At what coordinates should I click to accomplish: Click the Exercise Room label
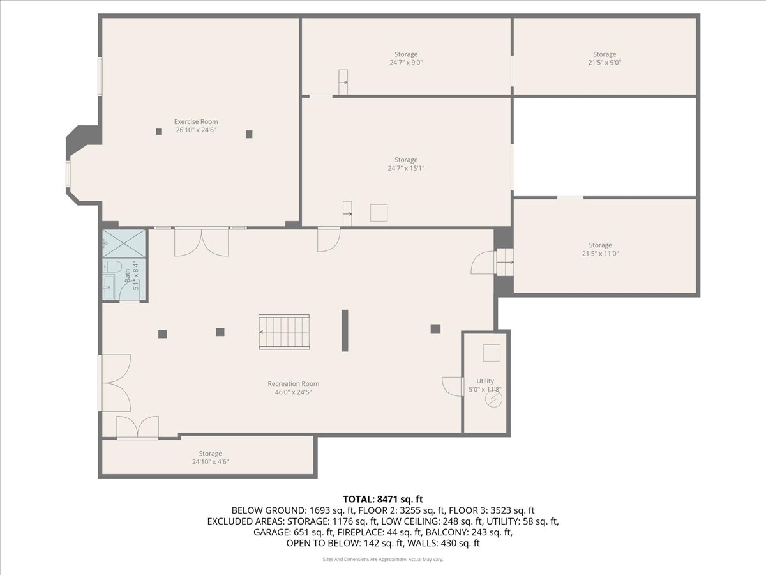pyautogui.click(x=196, y=126)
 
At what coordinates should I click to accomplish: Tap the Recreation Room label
pyautogui.click(x=293, y=388)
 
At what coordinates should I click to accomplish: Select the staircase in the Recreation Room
pyautogui.click(x=284, y=332)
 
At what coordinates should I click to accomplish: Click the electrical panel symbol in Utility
pyautogui.click(x=494, y=399)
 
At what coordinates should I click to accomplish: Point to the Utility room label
pyautogui.click(x=485, y=385)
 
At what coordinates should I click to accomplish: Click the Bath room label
pyautogui.click(x=131, y=275)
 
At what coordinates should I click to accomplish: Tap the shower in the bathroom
pyautogui.click(x=124, y=243)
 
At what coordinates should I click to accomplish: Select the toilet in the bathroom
pyautogui.click(x=112, y=267)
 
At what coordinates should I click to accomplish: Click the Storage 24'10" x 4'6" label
pyautogui.click(x=211, y=457)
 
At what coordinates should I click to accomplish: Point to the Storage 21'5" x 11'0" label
pyautogui.click(x=600, y=249)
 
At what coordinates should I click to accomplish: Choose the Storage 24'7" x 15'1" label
pyautogui.click(x=406, y=164)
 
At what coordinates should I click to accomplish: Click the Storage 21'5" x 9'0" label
pyautogui.click(x=605, y=58)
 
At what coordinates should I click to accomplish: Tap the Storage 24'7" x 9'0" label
pyautogui.click(x=406, y=58)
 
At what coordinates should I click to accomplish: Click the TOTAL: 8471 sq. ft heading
pyautogui.click(x=383, y=499)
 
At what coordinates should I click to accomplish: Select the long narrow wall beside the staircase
pyautogui.click(x=345, y=330)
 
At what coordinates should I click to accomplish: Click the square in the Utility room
pyautogui.click(x=492, y=353)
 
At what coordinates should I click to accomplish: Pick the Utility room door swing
pyautogui.click(x=453, y=387)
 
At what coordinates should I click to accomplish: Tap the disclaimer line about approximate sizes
pyautogui.click(x=383, y=559)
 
